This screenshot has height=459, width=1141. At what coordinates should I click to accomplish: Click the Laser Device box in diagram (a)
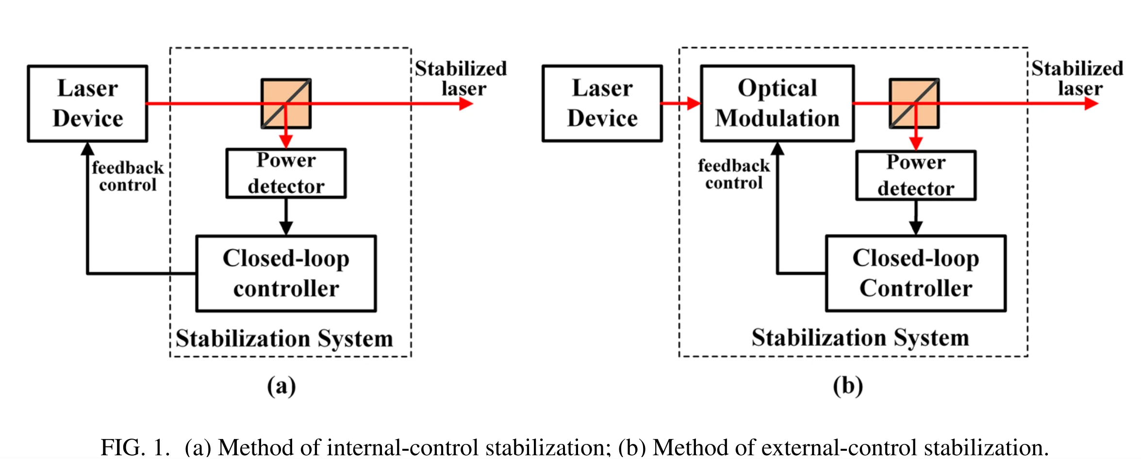[x=87, y=103]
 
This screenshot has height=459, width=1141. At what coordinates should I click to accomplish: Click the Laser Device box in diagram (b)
[x=602, y=103]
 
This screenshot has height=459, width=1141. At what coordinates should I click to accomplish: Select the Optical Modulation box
[x=777, y=103]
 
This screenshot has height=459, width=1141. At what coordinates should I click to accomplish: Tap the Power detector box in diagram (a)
[x=286, y=173]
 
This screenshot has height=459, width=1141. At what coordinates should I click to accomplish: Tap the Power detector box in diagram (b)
[x=915, y=175]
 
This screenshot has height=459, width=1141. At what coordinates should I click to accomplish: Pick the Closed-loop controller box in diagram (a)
[x=286, y=273]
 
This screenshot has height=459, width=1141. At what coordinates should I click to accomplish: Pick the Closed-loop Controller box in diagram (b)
[x=915, y=273]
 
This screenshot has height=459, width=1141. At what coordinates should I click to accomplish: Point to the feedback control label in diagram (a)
[x=128, y=176]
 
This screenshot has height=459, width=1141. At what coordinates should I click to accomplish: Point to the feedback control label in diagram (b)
[x=734, y=174]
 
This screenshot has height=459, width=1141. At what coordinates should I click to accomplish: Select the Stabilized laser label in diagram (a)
[x=461, y=78]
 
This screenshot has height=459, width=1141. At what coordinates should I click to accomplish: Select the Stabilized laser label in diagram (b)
[x=1077, y=78]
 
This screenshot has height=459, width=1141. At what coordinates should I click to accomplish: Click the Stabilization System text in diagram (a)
[x=284, y=339]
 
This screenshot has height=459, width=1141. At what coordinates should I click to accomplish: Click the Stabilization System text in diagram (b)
[x=860, y=338]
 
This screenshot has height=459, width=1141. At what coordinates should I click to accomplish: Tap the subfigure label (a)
[x=281, y=386]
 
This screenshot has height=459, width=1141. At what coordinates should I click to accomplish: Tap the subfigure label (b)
[x=848, y=386]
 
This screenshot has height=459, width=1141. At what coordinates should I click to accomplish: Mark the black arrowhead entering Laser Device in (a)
[x=87, y=148]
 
